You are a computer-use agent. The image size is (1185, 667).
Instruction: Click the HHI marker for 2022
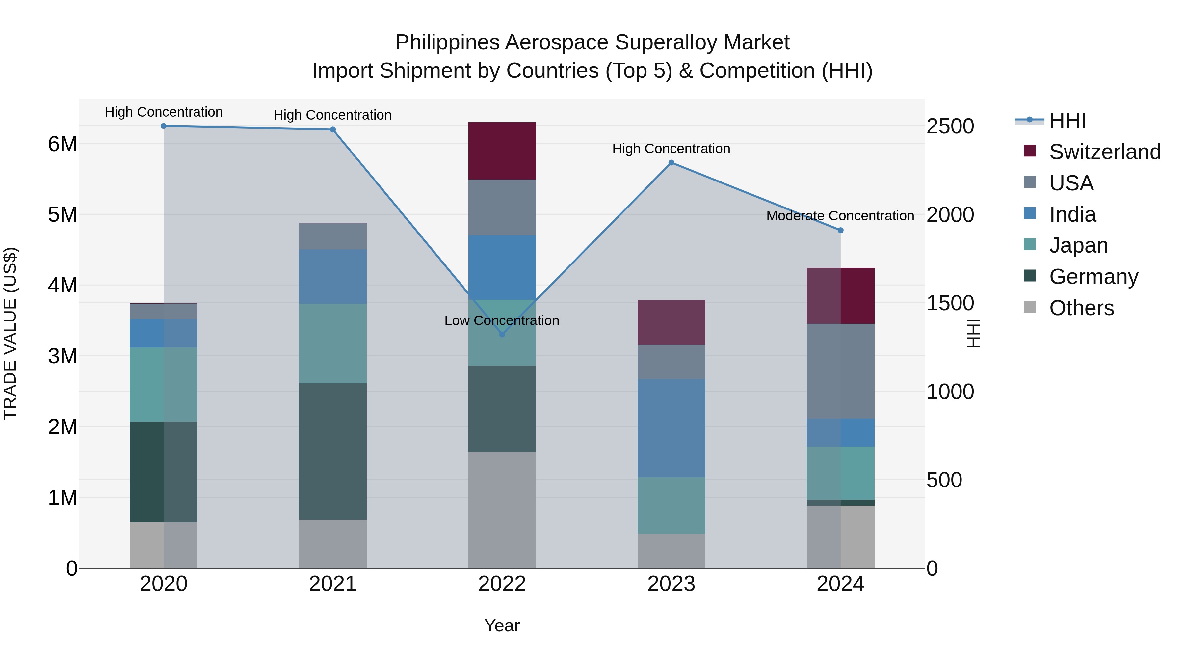tap(502, 334)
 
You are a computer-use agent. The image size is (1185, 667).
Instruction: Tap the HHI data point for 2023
tap(671, 162)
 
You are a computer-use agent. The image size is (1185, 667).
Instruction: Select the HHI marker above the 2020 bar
tap(164, 126)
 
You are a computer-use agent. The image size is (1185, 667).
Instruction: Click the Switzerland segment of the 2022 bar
tap(502, 151)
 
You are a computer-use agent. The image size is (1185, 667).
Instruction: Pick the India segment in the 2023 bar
tap(671, 428)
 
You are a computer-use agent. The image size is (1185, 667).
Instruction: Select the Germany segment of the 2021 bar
tap(332, 452)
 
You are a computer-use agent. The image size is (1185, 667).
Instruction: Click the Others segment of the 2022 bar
tap(502, 510)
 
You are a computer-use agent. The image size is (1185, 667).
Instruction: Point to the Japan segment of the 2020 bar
tap(164, 384)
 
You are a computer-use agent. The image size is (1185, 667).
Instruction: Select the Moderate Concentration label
tap(840, 215)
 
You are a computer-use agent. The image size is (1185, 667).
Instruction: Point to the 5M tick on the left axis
tap(63, 214)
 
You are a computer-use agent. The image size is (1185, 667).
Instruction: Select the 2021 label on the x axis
tap(332, 584)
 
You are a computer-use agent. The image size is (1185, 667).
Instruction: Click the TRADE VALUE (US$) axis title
tap(10, 333)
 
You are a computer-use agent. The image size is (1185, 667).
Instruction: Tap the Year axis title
tap(502, 625)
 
